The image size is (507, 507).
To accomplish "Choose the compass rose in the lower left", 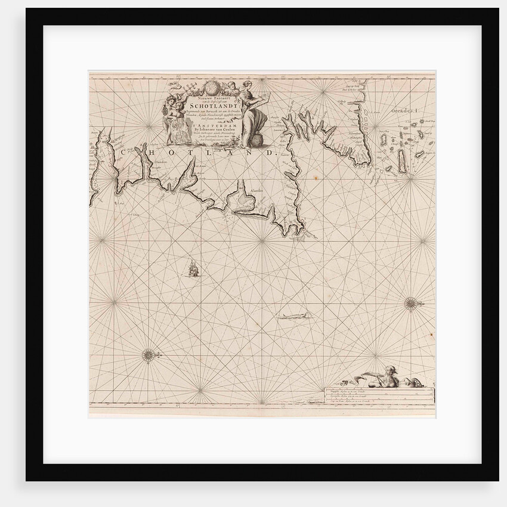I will (x=148, y=357).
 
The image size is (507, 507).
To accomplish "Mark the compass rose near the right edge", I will (x=411, y=304).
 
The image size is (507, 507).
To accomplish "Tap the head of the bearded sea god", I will (x=391, y=370).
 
